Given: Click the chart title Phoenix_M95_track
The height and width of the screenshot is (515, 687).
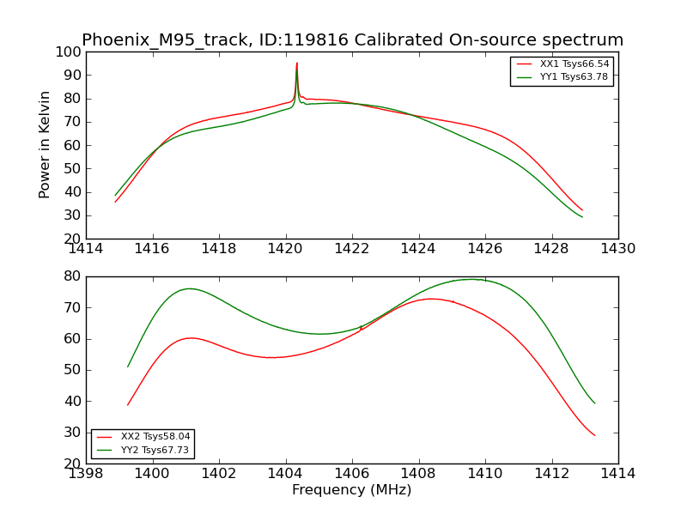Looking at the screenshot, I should [352, 40].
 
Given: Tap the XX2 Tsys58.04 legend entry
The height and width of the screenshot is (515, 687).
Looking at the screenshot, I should [155, 437].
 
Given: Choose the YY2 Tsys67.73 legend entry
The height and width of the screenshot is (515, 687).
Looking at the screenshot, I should [155, 450].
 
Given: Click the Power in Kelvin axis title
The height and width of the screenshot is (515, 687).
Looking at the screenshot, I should [46, 144].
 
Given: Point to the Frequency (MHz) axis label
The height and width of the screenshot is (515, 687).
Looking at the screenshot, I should [352, 490].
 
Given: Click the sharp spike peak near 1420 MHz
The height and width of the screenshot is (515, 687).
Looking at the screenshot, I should [297, 63].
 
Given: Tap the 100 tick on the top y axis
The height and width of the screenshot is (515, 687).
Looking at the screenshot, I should [69, 51].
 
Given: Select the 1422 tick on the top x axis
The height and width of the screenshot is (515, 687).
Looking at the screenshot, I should [352, 248].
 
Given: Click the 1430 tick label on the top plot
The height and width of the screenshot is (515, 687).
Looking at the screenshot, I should [618, 248].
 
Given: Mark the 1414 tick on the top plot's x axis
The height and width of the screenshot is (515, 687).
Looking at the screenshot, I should [87, 248].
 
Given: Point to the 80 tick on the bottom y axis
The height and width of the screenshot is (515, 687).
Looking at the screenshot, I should [72, 276].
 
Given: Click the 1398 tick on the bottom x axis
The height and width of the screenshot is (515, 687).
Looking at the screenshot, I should [87, 473].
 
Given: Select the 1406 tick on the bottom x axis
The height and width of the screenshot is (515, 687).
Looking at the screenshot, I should [352, 473].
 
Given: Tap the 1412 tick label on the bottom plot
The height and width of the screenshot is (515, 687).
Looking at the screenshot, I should [551, 473].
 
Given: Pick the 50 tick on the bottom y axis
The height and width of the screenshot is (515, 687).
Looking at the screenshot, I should [72, 370].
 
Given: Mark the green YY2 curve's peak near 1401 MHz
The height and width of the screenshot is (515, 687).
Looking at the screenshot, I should [189, 288].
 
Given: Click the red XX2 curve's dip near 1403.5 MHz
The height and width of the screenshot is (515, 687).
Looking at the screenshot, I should [271, 357].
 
